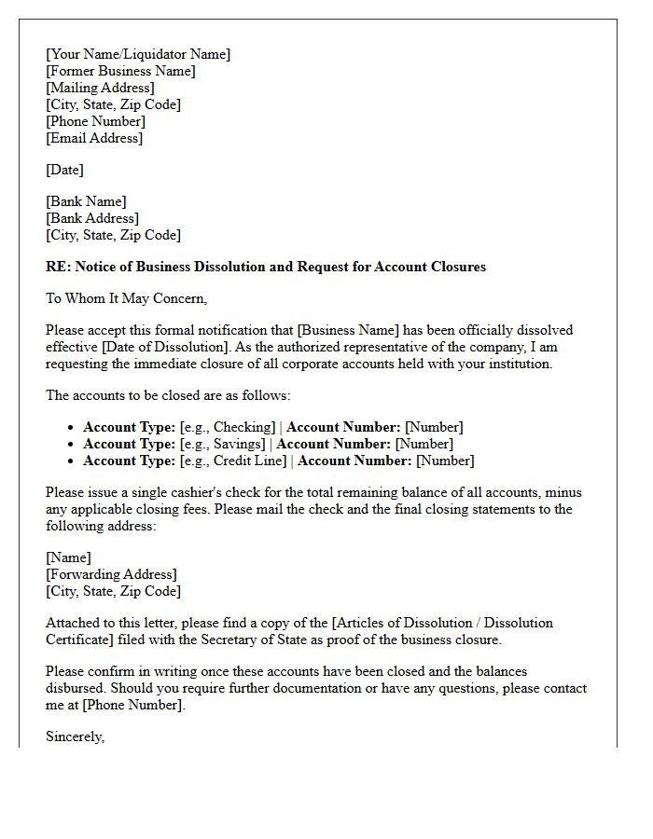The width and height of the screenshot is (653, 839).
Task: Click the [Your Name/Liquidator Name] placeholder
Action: [138, 54]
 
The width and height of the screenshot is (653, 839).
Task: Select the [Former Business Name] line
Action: [120, 71]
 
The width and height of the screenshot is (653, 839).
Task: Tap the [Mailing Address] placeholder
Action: [100, 88]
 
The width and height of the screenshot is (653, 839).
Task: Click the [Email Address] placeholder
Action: [94, 138]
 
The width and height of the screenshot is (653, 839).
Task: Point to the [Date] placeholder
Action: [64, 170]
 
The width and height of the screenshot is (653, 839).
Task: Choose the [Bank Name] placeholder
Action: [86, 201]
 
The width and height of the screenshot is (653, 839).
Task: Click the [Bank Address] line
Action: [92, 218]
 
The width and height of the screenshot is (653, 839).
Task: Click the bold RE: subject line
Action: [266, 267]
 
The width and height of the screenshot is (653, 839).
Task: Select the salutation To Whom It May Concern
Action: [126, 298]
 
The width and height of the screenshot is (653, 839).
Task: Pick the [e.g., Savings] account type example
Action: [223, 444]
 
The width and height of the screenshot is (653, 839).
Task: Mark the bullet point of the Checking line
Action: [71, 428]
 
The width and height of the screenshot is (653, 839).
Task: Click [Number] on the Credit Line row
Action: [445, 461]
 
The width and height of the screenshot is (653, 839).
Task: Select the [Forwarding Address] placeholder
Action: [111, 574]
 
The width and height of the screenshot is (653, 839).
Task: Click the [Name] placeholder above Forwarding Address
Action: [68, 557]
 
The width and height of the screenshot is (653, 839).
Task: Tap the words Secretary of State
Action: [225, 640]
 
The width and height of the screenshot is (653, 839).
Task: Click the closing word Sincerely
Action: [75, 736]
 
